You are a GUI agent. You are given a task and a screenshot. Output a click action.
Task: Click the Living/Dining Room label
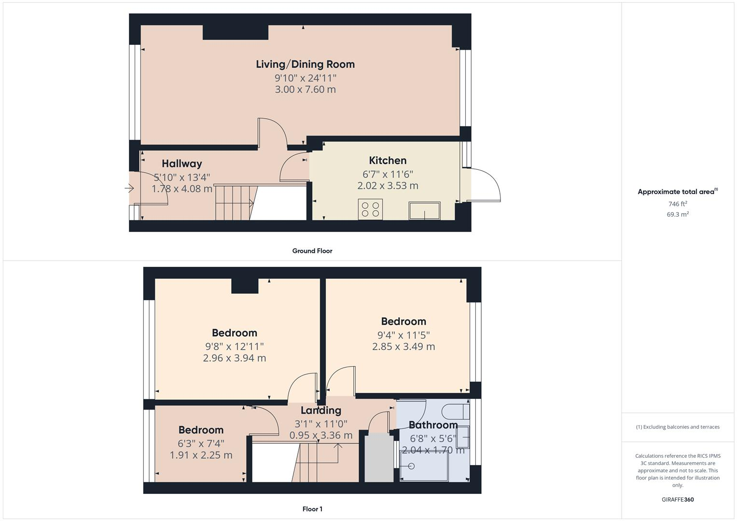[305, 64]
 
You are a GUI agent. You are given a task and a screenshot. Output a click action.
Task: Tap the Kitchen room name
[388, 161]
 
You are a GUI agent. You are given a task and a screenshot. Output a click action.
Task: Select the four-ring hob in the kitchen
[370, 209]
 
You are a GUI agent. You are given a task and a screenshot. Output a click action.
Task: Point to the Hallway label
[181, 164]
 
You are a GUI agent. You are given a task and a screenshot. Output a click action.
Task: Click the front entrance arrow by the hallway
[129, 189]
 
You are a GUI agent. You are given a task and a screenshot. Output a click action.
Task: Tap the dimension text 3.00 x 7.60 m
[305, 89]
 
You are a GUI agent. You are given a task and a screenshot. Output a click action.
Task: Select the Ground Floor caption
[312, 251]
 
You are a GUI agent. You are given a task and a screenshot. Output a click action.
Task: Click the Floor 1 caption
[312, 509]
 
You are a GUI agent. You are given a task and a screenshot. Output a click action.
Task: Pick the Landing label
[320, 411]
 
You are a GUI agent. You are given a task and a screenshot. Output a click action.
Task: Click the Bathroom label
[433, 425]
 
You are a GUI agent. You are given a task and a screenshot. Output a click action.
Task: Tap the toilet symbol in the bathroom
[456, 411]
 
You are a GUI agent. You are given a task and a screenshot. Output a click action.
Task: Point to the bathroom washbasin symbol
[462, 438]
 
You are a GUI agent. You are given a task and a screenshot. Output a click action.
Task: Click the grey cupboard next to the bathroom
[379, 458]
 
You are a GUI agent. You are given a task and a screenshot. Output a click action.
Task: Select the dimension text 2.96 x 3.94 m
[235, 358]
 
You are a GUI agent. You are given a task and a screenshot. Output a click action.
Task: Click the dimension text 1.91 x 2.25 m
[201, 455]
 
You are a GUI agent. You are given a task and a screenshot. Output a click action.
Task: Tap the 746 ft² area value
[677, 204]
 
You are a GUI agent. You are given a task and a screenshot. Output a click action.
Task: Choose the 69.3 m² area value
[677, 215]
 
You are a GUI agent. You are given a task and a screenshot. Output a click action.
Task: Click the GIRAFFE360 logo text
[677, 500]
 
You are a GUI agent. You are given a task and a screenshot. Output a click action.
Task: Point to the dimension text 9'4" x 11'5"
[403, 335]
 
